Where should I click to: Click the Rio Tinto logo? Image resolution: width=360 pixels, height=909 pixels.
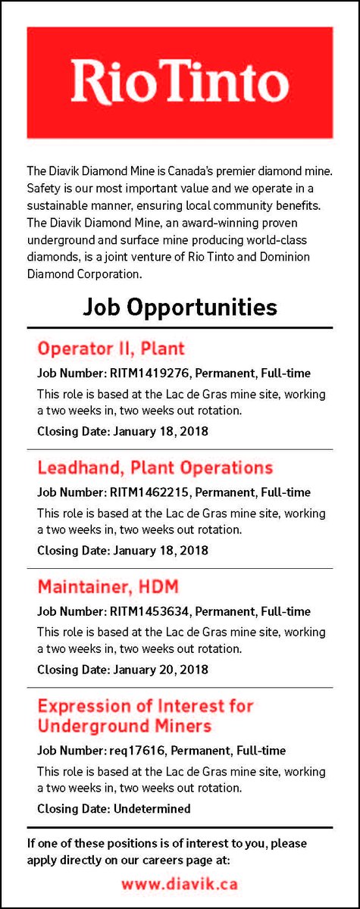point(180,83)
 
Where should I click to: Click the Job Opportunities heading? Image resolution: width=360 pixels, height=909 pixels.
point(180,307)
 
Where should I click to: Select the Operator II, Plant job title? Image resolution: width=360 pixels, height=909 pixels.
point(111,349)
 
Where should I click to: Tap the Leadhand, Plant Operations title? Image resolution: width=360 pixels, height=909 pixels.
point(155,467)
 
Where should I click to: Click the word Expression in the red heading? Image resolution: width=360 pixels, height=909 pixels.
point(83,706)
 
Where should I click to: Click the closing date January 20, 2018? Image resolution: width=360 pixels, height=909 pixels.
point(160,670)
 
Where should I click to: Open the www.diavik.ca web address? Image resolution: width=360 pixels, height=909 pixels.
point(180,883)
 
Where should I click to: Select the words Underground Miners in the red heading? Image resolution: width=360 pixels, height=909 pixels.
point(124,726)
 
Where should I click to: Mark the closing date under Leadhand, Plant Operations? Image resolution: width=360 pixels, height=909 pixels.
point(160,551)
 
